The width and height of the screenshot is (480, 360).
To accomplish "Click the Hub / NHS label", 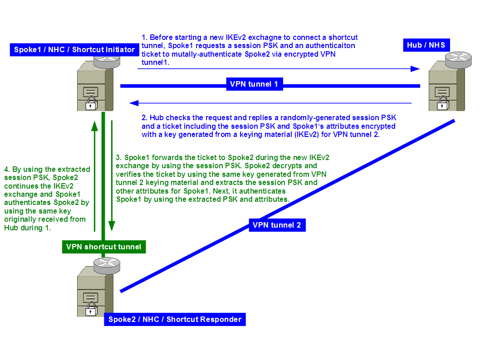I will click(426, 45).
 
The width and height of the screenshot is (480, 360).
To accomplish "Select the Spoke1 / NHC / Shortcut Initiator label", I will click(74, 49).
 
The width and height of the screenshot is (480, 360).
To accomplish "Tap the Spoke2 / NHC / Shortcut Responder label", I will click(175, 319).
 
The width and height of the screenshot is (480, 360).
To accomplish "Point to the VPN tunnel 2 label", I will click(277, 225).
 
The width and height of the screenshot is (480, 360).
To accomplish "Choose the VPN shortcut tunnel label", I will click(103, 247).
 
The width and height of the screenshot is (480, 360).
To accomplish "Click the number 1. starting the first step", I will click(145, 37).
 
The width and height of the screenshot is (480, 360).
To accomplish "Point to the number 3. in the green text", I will click(119, 157).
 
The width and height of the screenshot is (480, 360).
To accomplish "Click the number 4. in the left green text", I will click(6, 169).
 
